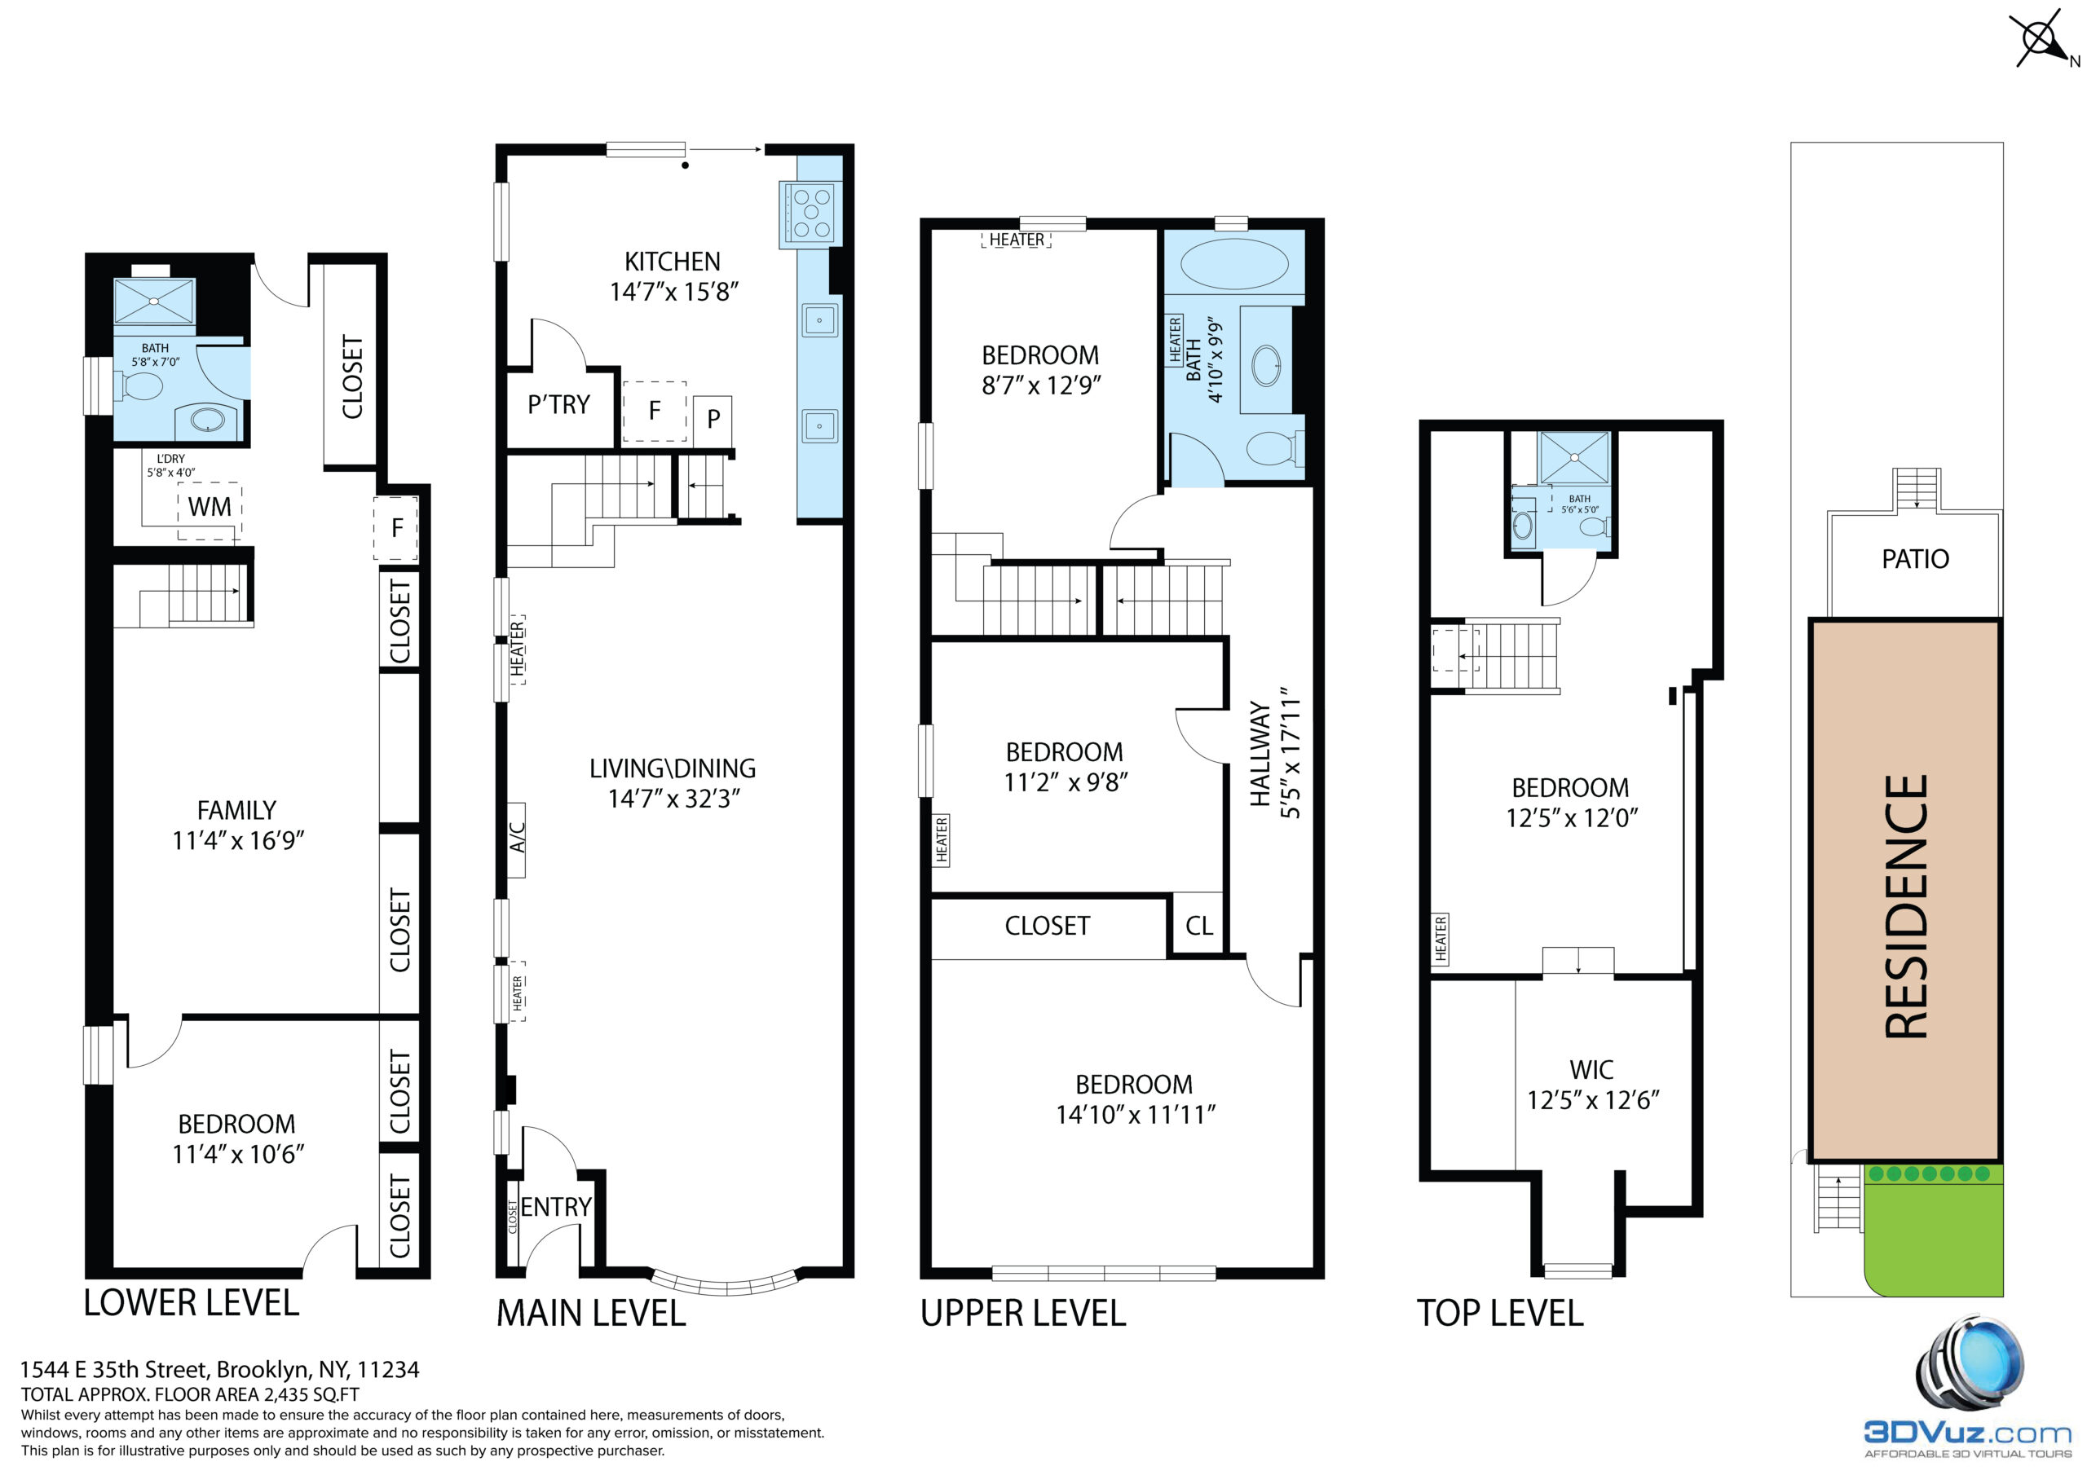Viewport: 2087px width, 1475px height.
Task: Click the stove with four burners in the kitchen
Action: coord(811,214)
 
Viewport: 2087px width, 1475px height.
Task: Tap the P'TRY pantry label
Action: coord(559,404)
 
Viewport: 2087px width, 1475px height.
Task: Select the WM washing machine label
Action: coord(210,507)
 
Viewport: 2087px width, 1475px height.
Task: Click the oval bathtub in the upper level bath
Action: coord(1233,265)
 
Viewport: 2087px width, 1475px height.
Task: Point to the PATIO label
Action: coord(1915,559)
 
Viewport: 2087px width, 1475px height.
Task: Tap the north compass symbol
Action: coord(2045,39)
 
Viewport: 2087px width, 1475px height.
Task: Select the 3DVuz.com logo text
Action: coord(1968,1433)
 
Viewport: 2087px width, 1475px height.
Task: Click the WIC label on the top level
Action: coord(1591,1071)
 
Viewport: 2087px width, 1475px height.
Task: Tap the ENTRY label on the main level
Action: coord(555,1207)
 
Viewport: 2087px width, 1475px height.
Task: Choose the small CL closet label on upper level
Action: coord(1199,926)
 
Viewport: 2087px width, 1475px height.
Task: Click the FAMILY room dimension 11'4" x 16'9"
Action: coord(238,841)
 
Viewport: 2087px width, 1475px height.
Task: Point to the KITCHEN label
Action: coord(673,262)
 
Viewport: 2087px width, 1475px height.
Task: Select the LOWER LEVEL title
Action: coord(191,1303)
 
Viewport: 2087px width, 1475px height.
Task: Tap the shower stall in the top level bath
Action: coord(1573,458)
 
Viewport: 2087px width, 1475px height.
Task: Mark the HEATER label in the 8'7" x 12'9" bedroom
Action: coord(1017,240)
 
